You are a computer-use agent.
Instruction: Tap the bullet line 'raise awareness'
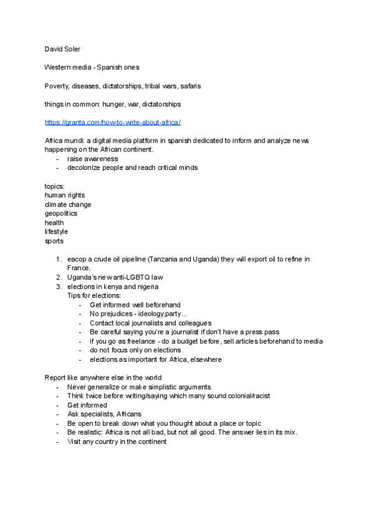click(92, 159)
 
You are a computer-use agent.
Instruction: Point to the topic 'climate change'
click(68, 204)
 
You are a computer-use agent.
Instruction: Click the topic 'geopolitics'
click(61, 213)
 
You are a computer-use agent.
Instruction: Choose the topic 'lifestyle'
click(56, 231)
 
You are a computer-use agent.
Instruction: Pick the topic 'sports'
click(54, 240)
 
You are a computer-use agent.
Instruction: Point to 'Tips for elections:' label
click(94, 295)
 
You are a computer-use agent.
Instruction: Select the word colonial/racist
click(243, 396)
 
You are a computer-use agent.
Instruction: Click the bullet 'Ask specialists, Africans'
click(104, 414)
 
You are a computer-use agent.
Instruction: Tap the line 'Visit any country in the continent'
click(117, 441)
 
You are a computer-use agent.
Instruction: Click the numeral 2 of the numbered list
click(59, 277)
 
